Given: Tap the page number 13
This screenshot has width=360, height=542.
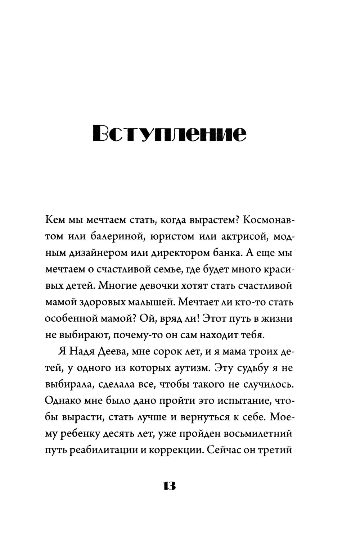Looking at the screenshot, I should (169, 486).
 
